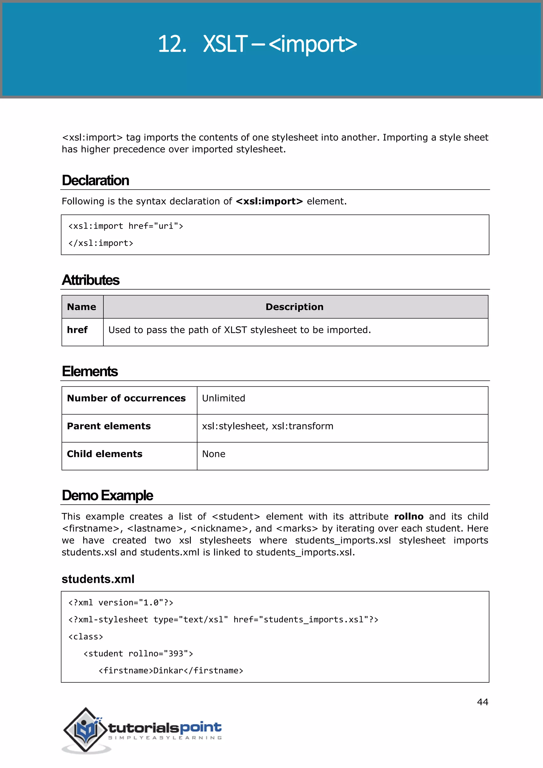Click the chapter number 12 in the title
click(171, 44)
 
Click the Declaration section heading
click(95, 180)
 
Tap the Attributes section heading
click(91, 280)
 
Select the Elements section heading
click(90, 371)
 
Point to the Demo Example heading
click(107, 495)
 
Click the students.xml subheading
click(98, 579)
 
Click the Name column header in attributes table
click(82, 307)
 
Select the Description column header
click(294, 307)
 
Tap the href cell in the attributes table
click(77, 330)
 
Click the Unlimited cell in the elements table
click(223, 398)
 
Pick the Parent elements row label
click(109, 426)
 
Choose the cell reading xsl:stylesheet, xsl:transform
click(268, 426)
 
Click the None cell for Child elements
click(214, 454)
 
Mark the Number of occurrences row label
click(126, 398)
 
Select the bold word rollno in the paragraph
click(409, 516)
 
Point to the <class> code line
click(86, 636)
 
